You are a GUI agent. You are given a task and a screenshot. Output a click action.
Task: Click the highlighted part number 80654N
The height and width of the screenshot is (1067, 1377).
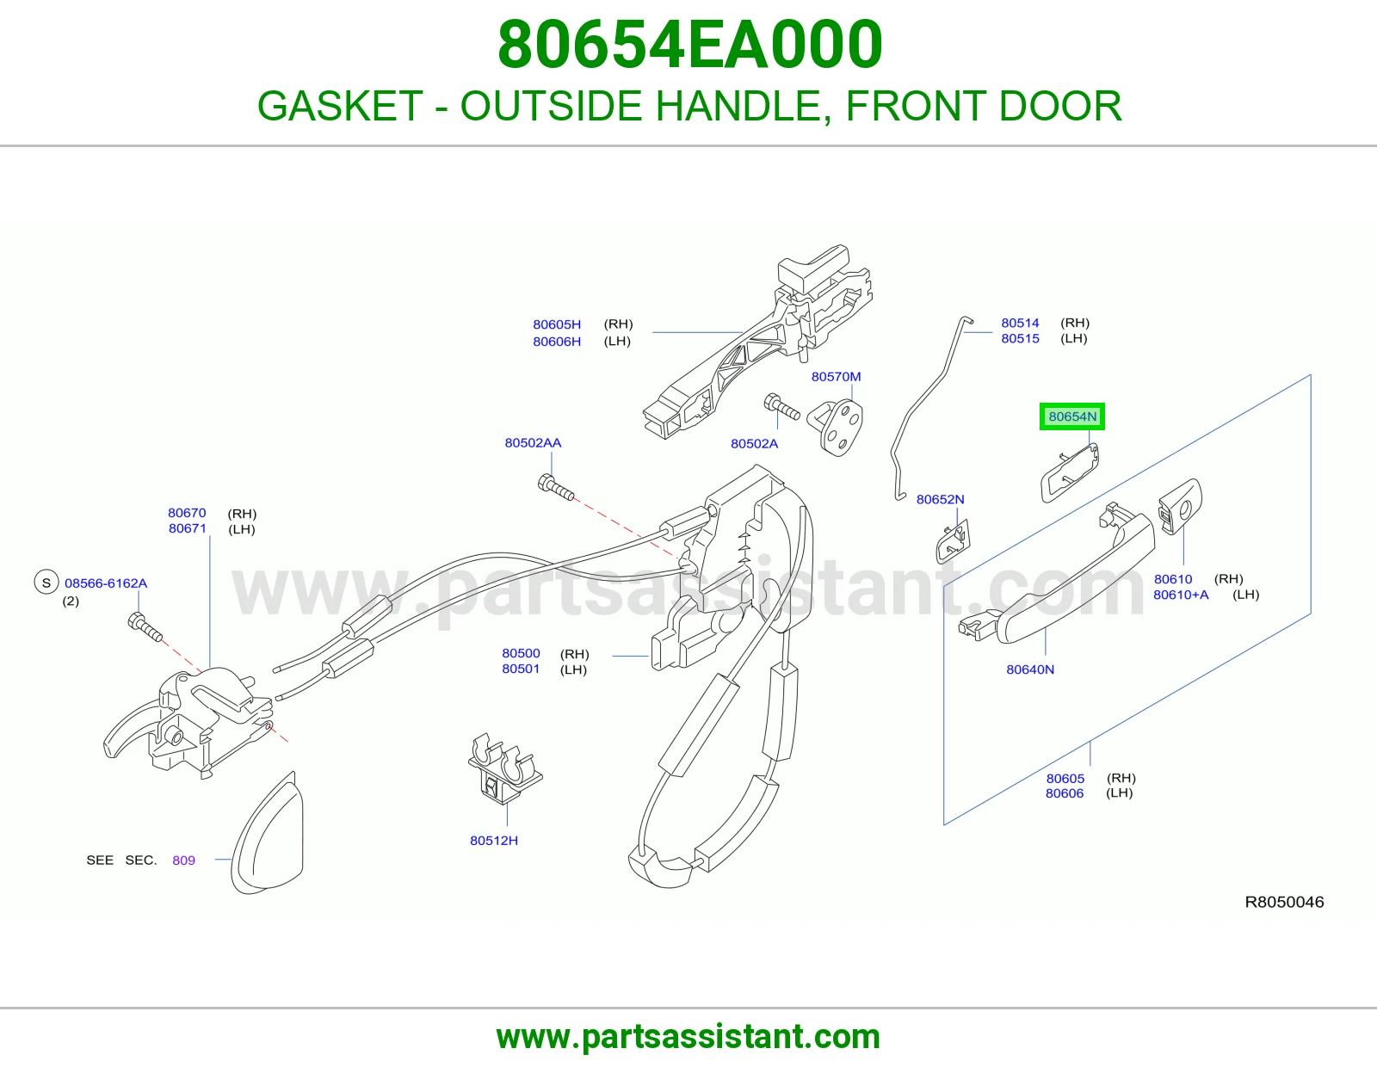pos(1072,416)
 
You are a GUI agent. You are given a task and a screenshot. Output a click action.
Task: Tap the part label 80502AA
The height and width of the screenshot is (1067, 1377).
pos(533,442)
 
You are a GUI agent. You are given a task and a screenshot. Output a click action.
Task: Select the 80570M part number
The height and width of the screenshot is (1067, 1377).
pos(836,376)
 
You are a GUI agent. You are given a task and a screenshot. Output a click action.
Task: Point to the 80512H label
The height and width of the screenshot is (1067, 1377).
pos(494,840)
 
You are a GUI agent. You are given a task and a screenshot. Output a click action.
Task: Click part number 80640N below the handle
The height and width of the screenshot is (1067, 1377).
pos(1030,669)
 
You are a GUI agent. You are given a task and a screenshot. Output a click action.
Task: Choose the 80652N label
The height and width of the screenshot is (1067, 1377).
pos(941,499)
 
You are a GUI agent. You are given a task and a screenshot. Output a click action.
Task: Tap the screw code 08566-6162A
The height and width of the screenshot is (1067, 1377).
pos(106,583)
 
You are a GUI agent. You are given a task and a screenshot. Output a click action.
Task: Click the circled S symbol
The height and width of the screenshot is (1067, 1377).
pos(46,583)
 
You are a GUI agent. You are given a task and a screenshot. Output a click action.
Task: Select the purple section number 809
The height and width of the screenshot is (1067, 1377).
pos(184,860)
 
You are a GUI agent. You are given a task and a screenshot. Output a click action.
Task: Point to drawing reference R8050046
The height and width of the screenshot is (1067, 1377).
pos(1284,902)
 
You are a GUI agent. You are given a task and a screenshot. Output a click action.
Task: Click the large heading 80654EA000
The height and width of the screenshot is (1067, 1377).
pos(689,45)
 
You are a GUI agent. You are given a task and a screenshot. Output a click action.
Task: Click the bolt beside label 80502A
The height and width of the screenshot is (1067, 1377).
pos(782,406)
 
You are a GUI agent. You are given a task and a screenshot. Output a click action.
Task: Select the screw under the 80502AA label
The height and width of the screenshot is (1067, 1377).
pos(556,487)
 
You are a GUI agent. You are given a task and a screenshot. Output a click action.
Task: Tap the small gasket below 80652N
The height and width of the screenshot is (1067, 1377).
pos(953,541)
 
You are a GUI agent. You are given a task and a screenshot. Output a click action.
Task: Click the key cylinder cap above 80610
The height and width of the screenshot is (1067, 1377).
pos(1179,506)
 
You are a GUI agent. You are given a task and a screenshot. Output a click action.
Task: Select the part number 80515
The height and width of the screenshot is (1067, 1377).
pos(1020,338)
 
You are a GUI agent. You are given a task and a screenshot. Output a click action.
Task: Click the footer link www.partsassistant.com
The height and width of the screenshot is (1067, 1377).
pos(688,1037)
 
